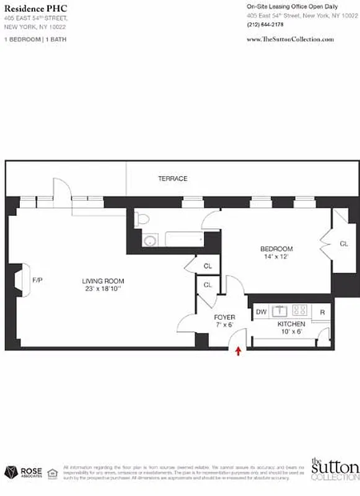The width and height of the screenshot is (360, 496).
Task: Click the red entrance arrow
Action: [x=239, y=352]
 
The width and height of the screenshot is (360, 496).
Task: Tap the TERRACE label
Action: [x=172, y=179]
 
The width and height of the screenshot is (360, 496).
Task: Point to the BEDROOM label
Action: [x=276, y=249]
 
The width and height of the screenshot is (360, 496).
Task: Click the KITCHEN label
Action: [x=291, y=324]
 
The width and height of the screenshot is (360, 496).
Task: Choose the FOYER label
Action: [x=224, y=317]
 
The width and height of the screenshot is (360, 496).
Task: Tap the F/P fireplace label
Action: [x=38, y=280]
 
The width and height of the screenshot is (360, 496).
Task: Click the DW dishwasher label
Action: [x=261, y=312]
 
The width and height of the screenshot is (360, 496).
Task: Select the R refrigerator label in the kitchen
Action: [x=322, y=312]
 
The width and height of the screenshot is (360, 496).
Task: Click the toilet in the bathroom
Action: [x=142, y=218]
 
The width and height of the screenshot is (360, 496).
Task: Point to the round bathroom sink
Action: [x=149, y=241]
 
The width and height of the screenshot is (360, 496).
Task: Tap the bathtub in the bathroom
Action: [x=183, y=240]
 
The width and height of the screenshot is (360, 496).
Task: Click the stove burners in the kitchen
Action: [x=301, y=309]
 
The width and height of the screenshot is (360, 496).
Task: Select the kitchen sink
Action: [x=280, y=309]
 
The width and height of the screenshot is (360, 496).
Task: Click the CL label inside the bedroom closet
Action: [x=344, y=244]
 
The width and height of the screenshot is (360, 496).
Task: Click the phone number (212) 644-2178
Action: [x=265, y=25]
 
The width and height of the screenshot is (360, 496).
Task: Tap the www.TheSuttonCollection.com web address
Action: [x=290, y=39]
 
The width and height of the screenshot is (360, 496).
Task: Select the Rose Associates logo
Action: [x=24, y=472]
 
